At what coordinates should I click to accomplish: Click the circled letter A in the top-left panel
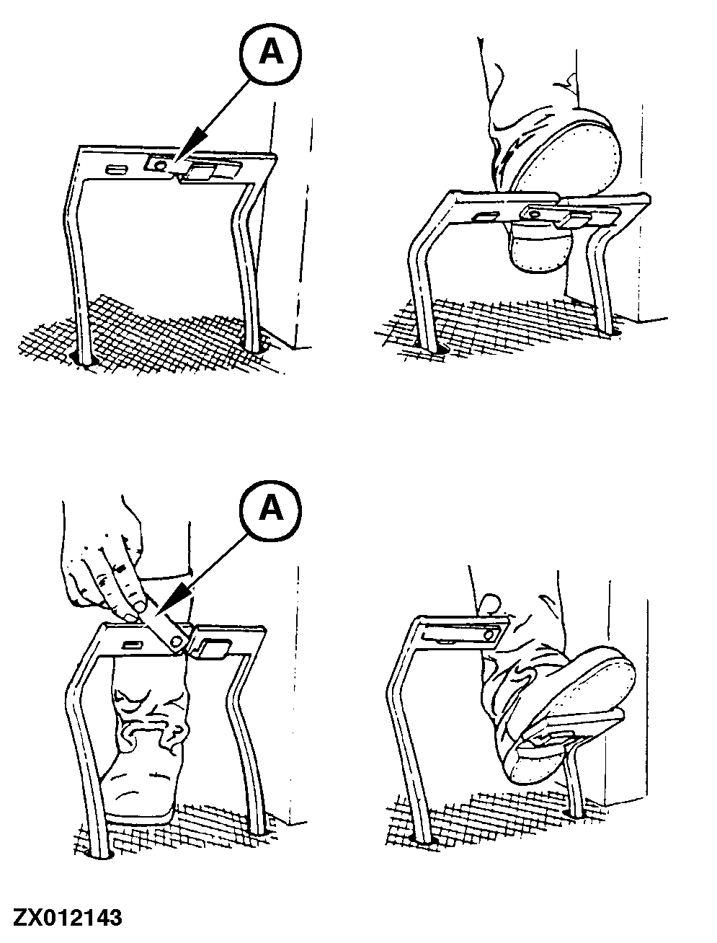click(x=271, y=53)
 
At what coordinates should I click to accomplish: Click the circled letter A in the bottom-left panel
click(x=271, y=510)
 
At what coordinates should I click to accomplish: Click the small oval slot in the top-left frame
click(x=117, y=169)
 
